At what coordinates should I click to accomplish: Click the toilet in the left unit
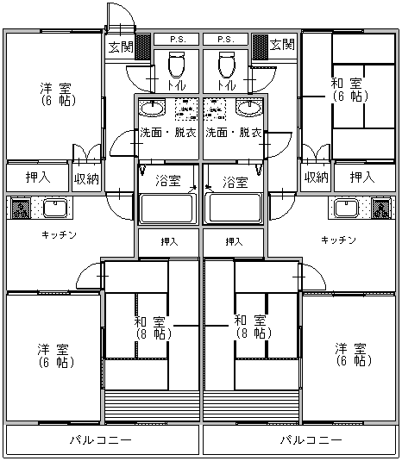pyautogui.click(x=176, y=65)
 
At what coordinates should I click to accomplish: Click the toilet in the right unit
pyautogui.click(x=227, y=65)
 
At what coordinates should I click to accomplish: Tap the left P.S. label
pyautogui.click(x=178, y=40)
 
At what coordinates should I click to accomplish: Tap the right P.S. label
pyautogui.click(x=225, y=40)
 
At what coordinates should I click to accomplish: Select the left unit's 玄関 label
pyautogui.click(x=121, y=47)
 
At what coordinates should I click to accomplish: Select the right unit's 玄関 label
pyautogui.click(x=282, y=44)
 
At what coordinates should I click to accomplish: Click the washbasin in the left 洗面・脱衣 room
pyautogui.click(x=152, y=108)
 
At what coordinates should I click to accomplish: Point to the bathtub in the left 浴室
pyautogui.click(x=166, y=209)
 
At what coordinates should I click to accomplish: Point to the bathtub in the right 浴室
pyautogui.click(x=236, y=209)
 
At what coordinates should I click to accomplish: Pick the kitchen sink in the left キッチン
pyautogui.click(x=55, y=209)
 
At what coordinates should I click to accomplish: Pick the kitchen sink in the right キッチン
pyautogui.click(x=347, y=209)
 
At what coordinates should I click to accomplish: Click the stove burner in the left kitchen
pyautogui.click(x=21, y=209)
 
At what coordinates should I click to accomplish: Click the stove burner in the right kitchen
pyautogui.click(x=380, y=209)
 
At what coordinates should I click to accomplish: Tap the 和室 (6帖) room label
pyautogui.click(x=350, y=90)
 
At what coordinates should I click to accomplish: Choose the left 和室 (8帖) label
pyautogui.click(x=154, y=327)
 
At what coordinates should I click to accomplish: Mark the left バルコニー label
pyautogui.click(x=101, y=440)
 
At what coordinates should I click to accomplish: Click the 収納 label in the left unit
pyautogui.click(x=86, y=178)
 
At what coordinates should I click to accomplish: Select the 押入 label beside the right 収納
pyautogui.click(x=362, y=178)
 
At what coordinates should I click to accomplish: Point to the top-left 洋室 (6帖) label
pyautogui.click(x=58, y=94)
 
